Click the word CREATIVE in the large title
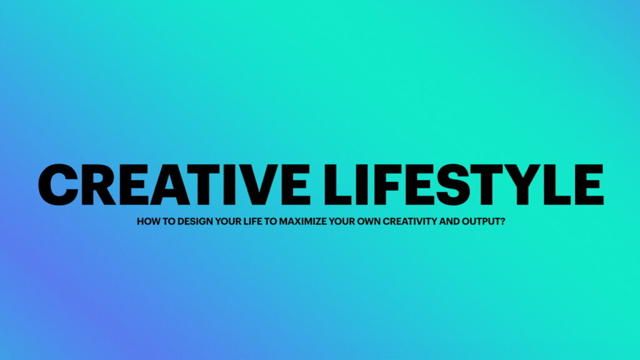point(174,184)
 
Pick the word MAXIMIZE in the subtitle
point(303,222)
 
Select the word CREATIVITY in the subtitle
point(410,222)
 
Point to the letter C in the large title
point(58,184)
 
